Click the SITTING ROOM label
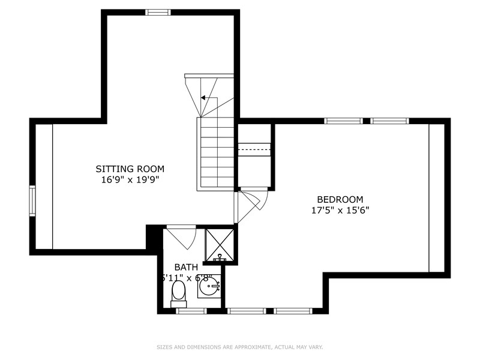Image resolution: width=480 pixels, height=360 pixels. (x=130, y=169)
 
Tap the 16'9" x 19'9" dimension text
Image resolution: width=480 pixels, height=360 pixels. (x=130, y=179)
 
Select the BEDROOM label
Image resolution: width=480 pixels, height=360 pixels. (x=340, y=200)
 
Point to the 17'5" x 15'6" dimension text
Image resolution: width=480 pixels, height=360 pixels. (x=340, y=210)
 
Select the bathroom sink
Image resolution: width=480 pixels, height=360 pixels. (x=209, y=287)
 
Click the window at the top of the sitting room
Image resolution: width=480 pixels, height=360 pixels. (x=158, y=12)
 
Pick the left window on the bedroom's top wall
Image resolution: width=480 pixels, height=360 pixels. (x=343, y=121)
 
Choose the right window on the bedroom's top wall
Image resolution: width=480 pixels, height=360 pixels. (x=389, y=121)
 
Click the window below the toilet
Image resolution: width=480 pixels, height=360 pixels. (x=192, y=311)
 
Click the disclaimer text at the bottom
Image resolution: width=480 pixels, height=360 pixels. (x=239, y=347)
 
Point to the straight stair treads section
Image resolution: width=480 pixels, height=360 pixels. (x=216, y=154)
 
